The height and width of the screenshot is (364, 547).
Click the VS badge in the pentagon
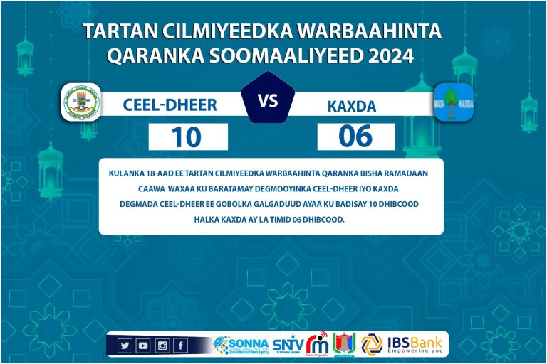coord(268,101)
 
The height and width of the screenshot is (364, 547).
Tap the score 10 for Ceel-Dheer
coord(187,136)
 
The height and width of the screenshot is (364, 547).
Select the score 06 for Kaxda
coord(355,136)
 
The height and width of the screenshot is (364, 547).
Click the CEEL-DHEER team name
coord(170,105)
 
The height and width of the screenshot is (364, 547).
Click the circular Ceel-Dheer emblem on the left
coord(80,102)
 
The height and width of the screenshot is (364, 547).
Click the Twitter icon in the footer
coord(125,346)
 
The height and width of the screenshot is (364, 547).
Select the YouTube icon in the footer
coord(143,346)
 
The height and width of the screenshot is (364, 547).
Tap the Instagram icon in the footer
coord(162,346)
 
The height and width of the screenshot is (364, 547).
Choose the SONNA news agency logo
coord(241,345)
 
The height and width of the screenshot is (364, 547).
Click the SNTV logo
coord(287,345)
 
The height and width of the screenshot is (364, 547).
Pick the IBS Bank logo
coord(405,344)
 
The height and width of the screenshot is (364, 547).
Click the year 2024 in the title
coord(391,56)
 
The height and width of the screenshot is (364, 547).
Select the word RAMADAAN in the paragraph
coord(410,173)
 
